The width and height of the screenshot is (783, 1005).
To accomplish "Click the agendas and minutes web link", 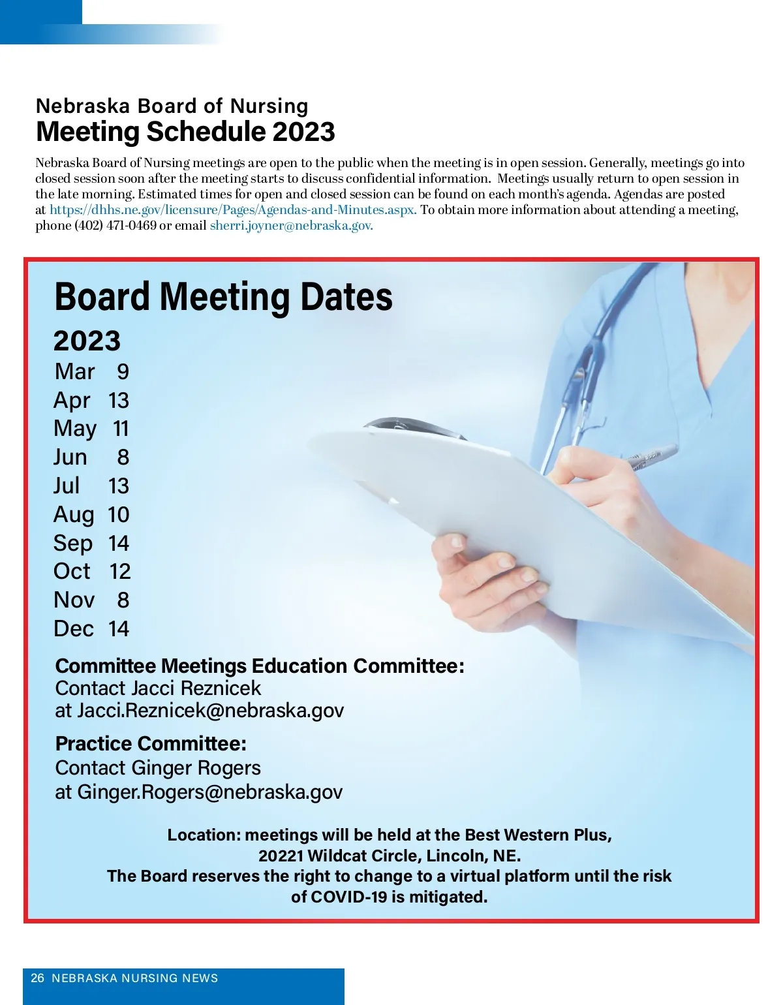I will [233, 210].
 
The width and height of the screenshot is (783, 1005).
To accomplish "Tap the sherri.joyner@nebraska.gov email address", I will [291, 226].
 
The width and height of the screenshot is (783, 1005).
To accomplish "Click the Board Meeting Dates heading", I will [223, 297].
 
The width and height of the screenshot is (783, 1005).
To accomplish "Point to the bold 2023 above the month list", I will [87, 341].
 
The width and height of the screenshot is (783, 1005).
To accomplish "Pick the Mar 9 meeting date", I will [92, 371].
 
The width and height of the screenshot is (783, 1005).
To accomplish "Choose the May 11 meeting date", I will [91, 429].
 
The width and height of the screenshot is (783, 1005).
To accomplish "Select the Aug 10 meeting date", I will [91, 515].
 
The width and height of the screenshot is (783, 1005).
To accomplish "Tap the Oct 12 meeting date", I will [92, 572].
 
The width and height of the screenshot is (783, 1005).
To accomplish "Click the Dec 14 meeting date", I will [91, 629].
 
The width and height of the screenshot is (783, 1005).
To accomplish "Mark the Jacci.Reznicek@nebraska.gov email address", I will [210, 711].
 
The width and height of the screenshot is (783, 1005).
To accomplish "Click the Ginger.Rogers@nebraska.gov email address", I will [209, 792].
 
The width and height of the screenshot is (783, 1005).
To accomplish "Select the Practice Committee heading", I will [151, 744].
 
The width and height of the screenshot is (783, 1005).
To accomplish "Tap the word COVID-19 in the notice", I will [348, 897].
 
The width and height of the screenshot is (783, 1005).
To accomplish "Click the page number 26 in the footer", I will [38, 978].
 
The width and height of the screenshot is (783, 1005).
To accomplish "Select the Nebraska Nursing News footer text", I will [134, 978].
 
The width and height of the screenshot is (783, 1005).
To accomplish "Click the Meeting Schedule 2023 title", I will [185, 132].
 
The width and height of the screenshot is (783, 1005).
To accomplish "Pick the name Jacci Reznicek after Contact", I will [195, 688].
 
